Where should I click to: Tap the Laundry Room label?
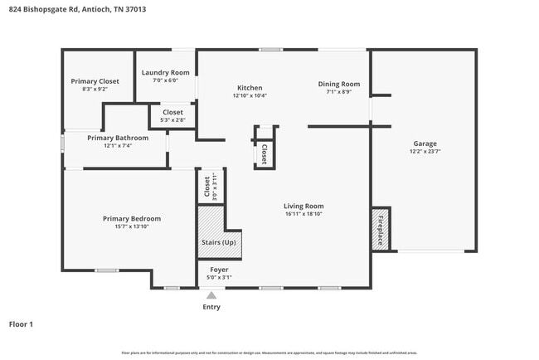(165, 73)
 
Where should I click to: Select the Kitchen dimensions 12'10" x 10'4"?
(250, 95)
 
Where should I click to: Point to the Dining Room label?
(339, 84)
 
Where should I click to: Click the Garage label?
(425, 144)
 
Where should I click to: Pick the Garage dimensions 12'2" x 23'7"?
(425, 152)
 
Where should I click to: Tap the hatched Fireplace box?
(381, 228)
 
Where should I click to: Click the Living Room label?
(303, 206)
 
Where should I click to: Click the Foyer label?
(219, 270)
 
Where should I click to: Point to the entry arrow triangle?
(211, 294)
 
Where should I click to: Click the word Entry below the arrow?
(211, 307)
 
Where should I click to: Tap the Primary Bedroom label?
(132, 218)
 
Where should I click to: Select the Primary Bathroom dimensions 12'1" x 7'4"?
(118, 146)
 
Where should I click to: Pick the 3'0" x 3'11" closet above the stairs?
(208, 187)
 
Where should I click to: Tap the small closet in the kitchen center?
(265, 153)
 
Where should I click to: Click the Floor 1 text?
(21, 324)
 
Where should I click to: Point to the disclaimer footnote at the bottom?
(269, 352)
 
